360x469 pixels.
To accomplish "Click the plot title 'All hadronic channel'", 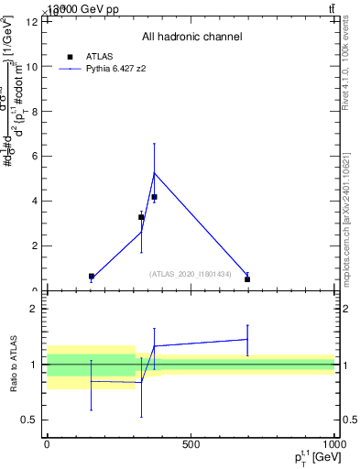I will [191, 37].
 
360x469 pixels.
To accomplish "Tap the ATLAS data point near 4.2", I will [154, 197].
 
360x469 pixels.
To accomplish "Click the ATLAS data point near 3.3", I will [141, 217].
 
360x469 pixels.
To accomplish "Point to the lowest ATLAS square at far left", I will [92, 276].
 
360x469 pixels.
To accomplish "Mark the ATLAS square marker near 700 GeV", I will [247, 279].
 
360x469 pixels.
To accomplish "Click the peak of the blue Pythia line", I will [154, 173].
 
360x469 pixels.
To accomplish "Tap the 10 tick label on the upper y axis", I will [32, 67].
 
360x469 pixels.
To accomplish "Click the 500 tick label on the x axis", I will [191, 444].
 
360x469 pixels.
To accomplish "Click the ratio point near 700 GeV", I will [247, 339].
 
